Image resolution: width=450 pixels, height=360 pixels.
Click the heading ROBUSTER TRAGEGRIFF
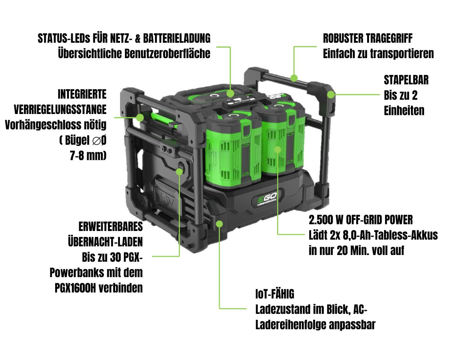click(x=367, y=38)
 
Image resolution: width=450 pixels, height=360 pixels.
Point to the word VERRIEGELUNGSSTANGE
click(x=60, y=109)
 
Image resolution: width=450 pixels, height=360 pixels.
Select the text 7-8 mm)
click(x=88, y=155)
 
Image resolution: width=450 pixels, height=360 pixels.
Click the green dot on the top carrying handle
click(x=294, y=78)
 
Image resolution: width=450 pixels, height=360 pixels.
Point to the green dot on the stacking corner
click(x=331, y=94)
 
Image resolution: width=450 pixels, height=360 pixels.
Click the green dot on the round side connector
click(x=180, y=171)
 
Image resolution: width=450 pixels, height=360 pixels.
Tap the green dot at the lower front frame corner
click(x=220, y=224)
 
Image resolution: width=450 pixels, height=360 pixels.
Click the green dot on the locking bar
click(x=140, y=117)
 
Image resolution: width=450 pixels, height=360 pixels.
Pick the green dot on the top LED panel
click(x=230, y=93)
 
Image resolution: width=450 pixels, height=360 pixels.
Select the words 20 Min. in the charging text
click(x=355, y=251)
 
